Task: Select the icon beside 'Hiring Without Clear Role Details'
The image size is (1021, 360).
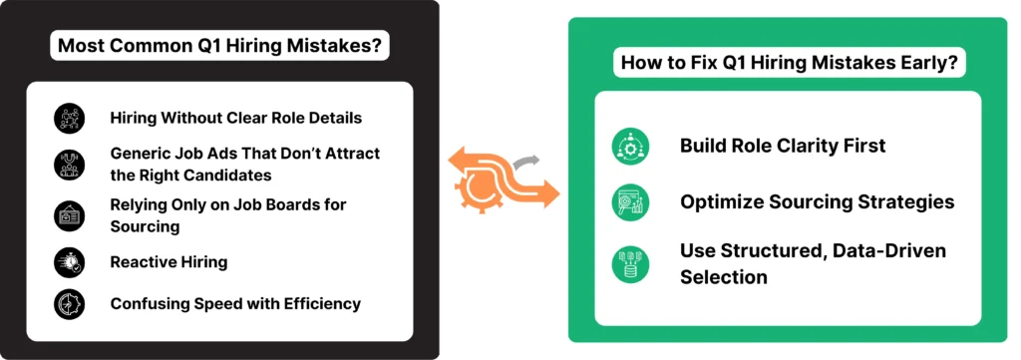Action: tap(70, 118)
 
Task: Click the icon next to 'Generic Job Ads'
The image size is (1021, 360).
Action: tap(70, 165)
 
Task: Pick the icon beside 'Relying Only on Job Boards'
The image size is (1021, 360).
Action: tap(70, 215)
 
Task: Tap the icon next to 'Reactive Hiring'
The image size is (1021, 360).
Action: tap(70, 261)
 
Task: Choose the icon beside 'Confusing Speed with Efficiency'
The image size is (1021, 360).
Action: tap(70, 303)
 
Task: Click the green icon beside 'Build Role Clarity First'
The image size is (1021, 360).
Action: tap(630, 147)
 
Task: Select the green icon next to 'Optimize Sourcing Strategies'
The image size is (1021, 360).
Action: tap(630, 202)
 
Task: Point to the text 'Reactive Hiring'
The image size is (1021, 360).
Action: tap(169, 261)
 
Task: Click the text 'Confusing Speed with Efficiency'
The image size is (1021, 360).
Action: tap(235, 303)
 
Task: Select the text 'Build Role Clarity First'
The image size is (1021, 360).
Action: tap(783, 146)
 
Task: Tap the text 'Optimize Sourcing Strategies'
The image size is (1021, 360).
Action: tap(818, 202)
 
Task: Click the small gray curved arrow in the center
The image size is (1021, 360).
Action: tap(527, 161)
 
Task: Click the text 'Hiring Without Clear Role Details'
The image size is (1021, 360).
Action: tap(235, 118)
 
